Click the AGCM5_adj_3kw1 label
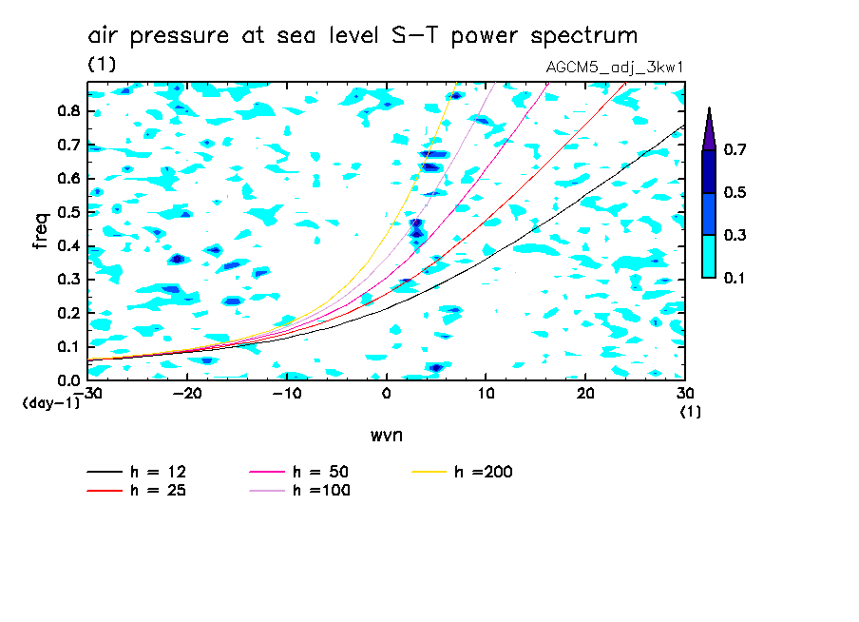click(616, 68)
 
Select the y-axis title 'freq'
click(40, 231)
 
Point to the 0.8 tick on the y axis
click(68, 110)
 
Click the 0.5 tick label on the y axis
click(68, 211)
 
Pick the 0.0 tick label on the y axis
click(68, 380)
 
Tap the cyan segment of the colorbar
click(709, 256)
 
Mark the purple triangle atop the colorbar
click(709, 129)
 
